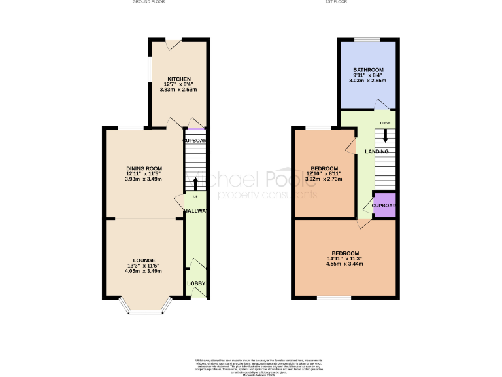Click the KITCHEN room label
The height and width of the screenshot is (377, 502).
click(178, 79)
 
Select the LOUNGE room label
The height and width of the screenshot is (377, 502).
click(144, 260)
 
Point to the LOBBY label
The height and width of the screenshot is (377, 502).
click(196, 283)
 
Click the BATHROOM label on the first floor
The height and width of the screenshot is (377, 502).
click(368, 70)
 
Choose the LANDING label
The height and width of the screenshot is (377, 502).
click(376, 152)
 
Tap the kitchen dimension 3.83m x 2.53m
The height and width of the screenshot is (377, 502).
click(178, 89)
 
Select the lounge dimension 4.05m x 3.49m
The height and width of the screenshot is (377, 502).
click(144, 271)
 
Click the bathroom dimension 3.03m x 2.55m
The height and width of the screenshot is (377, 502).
click(368, 81)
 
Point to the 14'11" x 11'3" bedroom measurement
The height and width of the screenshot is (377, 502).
click(345, 259)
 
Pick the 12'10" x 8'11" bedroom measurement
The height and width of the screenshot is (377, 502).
click(325, 173)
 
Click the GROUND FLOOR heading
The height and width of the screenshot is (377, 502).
click(149, 3)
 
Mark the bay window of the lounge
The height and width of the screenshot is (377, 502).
click(144, 309)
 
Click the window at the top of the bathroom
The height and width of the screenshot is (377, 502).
click(367, 40)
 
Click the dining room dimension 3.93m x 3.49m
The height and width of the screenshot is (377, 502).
click(144, 179)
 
